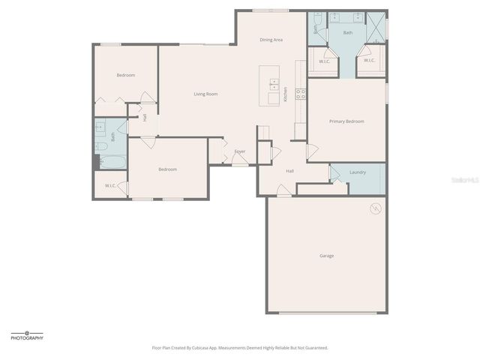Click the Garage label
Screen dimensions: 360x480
pos(327,256)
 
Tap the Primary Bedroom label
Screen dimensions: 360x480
pos(346,121)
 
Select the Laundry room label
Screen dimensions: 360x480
pos(358,172)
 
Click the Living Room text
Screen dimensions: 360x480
pos(205,94)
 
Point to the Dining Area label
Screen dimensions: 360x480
pos(271,39)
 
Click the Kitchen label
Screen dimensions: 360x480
pos(285,94)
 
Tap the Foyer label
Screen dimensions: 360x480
pos(239,151)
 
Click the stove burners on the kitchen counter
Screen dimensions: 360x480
pos(300,93)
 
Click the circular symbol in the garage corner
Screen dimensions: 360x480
pos(376,208)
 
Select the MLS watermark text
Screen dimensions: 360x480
pos(464,181)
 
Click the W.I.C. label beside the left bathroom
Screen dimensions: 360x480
pos(109,185)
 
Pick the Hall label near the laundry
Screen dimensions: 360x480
pos(289,171)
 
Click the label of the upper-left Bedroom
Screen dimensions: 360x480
pos(125,75)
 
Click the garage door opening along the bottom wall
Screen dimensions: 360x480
pos(327,312)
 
